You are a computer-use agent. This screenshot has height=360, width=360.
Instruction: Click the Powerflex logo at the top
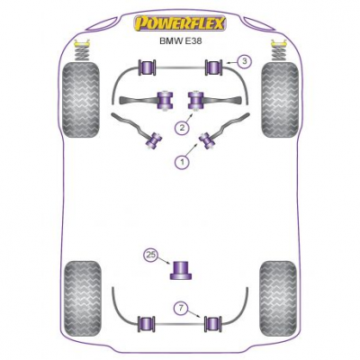pyautogui.click(x=179, y=23)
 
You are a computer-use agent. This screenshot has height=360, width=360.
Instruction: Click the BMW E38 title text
pyautogui.click(x=180, y=40)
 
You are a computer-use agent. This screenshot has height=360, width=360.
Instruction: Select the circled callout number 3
pyautogui.click(x=245, y=62)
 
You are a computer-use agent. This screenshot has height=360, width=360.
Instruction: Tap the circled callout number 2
pyautogui.click(x=182, y=128)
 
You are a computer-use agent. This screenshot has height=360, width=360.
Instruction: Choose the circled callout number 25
pyautogui.click(x=151, y=256)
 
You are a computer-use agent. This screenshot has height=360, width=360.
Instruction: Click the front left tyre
pyautogui.click(x=80, y=100)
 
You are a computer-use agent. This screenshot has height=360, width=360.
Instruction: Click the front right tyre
pyautogui.click(x=280, y=100)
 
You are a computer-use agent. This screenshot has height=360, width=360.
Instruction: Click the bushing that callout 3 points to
pyautogui.click(x=213, y=67)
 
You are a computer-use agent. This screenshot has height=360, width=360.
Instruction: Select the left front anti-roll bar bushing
pyautogui.click(x=147, y=67)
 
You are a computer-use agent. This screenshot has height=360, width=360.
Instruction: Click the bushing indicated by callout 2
pyautogui.click(x=196, y=100)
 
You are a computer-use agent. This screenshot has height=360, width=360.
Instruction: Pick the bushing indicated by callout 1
pyautogui.click(x=207, y=139)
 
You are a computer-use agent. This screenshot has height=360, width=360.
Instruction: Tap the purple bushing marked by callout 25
pyautogui.click(x=182, y=270)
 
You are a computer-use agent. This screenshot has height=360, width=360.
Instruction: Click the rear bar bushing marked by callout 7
pyautogui.click(x=213, y=324)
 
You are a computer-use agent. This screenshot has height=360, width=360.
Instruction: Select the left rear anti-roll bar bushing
pyautogui.click(x=147, y=324)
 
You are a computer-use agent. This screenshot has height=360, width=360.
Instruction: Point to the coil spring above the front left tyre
pyautogui.click(x=80, y=49)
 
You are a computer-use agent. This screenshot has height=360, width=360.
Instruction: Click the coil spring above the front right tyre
pyautogui.click(x=279, y=49)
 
